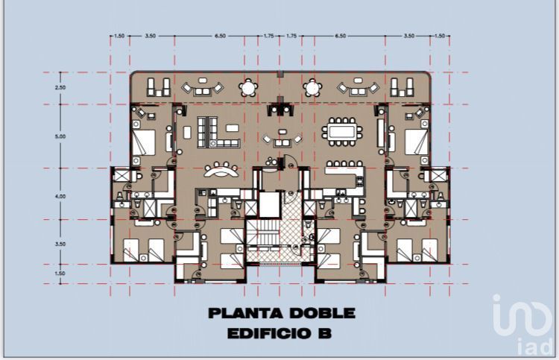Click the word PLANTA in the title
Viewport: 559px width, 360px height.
246,313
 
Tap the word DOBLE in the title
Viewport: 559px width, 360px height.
322,313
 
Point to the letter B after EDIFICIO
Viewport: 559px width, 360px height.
324,334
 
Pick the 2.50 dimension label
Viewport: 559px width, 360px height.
60,88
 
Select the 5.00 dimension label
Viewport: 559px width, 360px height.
60,136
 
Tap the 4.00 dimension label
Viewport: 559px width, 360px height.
60,196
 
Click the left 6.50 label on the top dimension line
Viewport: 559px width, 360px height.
220,36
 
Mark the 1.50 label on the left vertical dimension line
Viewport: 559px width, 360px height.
60,274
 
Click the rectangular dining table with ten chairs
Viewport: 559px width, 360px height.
342,132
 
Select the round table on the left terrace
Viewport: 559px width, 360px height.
248,88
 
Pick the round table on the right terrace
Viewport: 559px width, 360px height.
312,88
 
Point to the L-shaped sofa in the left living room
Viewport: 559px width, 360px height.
218,132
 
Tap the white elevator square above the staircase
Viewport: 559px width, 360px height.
269,205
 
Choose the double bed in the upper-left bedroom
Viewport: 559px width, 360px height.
144,142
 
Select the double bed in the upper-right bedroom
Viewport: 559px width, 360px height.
417,142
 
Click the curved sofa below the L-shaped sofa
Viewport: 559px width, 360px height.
221,170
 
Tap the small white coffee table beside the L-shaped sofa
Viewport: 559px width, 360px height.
232,128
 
